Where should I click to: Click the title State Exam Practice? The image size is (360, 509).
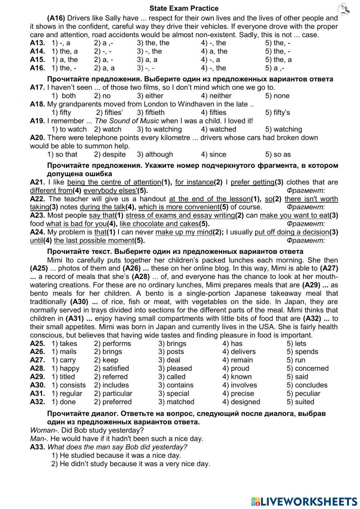tap(184, 8)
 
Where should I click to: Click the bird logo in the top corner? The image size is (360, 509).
tap(344, 9)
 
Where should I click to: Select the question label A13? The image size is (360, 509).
tap(37, 43)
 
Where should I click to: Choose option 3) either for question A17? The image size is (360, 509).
tap(150, 96)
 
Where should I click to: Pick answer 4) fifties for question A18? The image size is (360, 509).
tap(213, 113)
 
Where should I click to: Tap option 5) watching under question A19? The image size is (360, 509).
tap(283, 129)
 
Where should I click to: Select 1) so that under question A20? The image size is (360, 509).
tap(62, 155)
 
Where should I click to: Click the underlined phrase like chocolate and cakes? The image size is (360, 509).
tap(159, 224)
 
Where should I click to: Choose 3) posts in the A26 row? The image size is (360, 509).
tap(171, 352)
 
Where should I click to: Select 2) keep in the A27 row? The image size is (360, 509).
tap(106, 360)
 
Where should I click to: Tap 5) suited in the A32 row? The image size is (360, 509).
tap(300, 402)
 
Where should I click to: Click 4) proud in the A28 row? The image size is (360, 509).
tap(235, 369)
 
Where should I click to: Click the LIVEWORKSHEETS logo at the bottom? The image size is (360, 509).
tap(304, 501)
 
